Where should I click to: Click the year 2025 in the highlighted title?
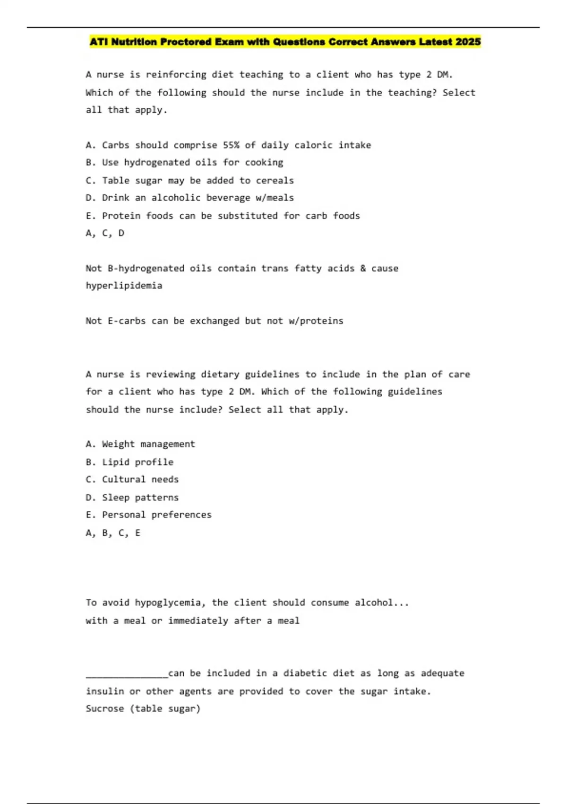[468, 42]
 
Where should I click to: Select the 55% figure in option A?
[231, 145]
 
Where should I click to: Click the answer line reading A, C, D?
[105, 233]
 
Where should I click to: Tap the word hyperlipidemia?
[124, 286]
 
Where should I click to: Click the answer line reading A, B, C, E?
[113, 533]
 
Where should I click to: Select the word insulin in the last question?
[105, 691]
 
